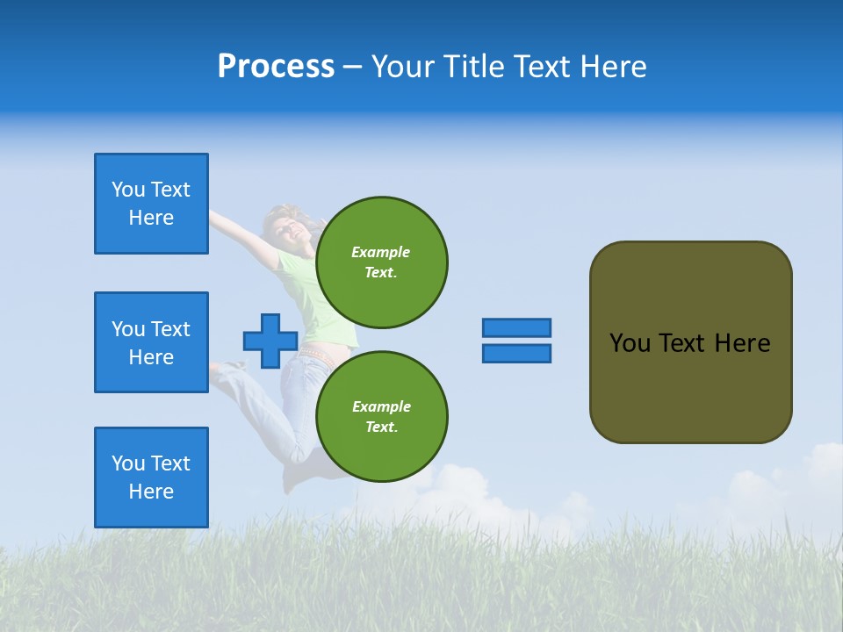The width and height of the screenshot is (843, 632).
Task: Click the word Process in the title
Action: point(276,67)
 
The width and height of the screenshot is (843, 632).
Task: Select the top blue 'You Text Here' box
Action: point(151,204)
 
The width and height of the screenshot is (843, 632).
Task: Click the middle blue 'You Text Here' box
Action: point(151,342)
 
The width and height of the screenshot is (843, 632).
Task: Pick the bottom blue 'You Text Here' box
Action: point(151,477)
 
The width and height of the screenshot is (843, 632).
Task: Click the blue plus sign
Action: point(270,341)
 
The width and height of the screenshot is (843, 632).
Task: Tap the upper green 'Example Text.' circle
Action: point(381,262)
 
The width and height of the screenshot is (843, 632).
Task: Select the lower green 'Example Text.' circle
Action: point(381,416)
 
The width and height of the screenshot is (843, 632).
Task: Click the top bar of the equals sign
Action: point(516,327)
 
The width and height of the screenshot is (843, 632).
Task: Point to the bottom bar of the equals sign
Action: point(516,353)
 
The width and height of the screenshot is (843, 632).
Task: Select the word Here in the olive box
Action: point(742,343)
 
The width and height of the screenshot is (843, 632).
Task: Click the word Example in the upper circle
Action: point(381,252)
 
